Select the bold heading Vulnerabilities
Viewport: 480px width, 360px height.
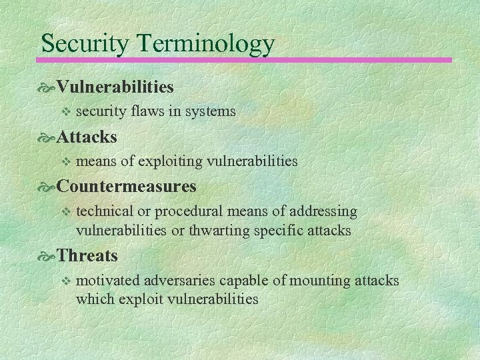pyautogui.click(x=115, y=87)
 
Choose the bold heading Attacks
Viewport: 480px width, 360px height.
pyautogui.click(x=87, y=137)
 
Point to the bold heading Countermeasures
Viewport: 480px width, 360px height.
pyautogui.click(x=127, y=185)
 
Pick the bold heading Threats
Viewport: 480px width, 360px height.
pyautogui.click(x=87, y=255)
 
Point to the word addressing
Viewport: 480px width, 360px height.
pyautogui.click(x=324, y=211)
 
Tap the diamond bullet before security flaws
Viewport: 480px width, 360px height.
pyautogui.click(x=65, y=111)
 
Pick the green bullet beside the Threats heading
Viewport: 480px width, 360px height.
pyautogui.click(x=49, y=256)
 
